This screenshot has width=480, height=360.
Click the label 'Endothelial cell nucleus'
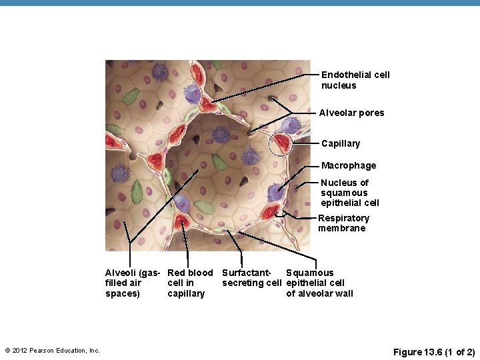(355, 80)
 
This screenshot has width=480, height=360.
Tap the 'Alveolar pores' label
(351, 113)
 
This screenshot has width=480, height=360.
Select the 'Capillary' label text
(340, 144)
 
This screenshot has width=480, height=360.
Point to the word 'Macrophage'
(348, 166)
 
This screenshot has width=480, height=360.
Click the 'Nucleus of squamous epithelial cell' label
(349, 193)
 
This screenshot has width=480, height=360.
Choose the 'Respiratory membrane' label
(343, 223)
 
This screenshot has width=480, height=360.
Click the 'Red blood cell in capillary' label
(189, 283)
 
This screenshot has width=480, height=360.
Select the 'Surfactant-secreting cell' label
(251, 278)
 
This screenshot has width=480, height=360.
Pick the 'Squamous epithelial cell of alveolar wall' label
(319, 283)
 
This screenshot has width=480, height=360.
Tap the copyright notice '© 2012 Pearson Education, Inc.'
(52, 351)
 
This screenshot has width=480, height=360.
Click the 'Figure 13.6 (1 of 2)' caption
(434, 351)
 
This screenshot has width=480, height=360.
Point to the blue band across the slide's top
(240, 3)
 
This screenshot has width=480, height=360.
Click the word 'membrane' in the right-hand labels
(341, 229)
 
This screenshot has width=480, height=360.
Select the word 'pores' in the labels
(371, 113)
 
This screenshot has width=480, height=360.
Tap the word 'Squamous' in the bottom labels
(309, 273)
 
